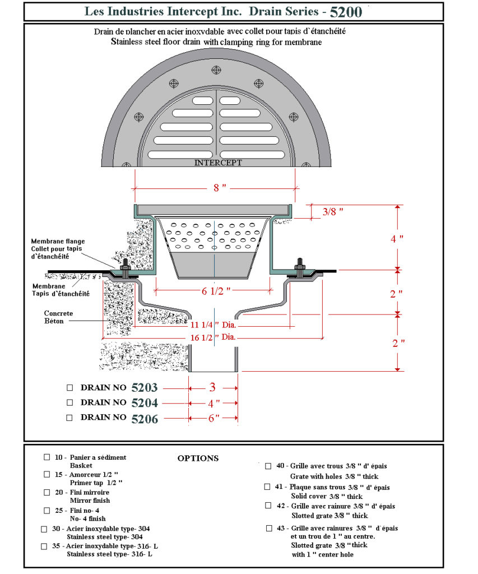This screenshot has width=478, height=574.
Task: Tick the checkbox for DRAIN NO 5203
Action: coord(70,388)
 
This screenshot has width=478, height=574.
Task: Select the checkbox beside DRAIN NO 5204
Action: coord(70,402)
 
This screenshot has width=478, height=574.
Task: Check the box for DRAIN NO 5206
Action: coord(70,418)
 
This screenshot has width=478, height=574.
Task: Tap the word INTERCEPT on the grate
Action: coord(218,163)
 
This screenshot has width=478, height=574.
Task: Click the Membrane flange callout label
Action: coord(58,248)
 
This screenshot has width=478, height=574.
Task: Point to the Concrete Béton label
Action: coord(59,317)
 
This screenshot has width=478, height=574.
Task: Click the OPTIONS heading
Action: coord(198,458)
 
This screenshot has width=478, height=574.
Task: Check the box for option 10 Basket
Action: coord(47,457)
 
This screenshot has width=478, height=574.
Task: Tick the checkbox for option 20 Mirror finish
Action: coord(47,492)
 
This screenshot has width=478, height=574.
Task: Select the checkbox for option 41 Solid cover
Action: coord(268,487)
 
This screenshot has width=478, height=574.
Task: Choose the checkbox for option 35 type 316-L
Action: coord(44,545)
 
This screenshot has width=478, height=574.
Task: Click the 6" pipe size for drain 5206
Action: coord(214,418)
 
